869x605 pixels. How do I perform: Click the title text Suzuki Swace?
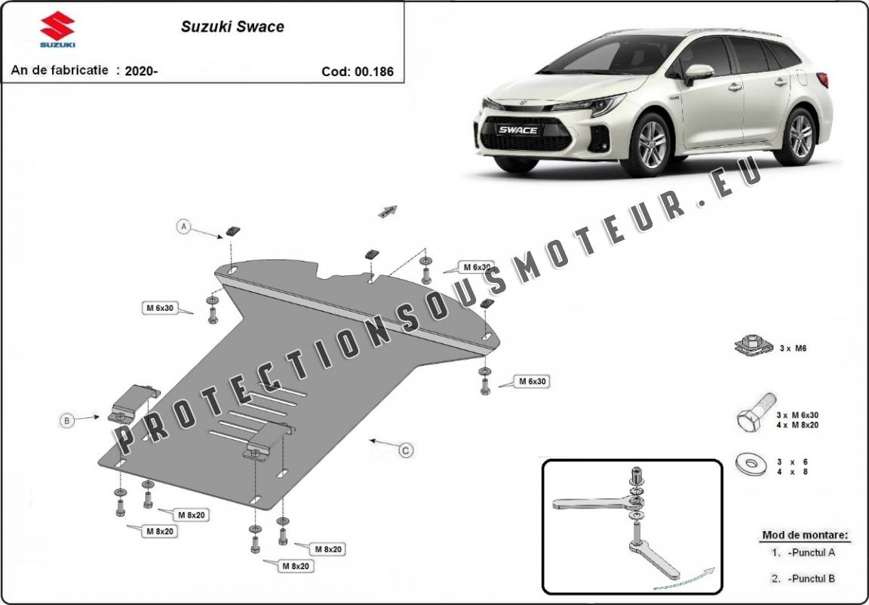[232, 26]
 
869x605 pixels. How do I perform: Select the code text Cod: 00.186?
[357, 72]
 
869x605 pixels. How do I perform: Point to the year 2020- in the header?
[141, 71]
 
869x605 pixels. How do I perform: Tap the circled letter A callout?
[183, 226]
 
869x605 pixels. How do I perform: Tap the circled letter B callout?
[67, 420]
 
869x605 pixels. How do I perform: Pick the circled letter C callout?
[406, 450]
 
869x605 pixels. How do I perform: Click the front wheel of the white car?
[651, 145]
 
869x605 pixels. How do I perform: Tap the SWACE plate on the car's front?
[517, 130]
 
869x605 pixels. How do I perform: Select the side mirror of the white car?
[699, 72]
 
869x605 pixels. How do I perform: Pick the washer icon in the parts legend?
[750, 464]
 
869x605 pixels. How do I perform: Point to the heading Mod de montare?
[805, 535]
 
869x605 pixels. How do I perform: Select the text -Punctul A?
[810, 552]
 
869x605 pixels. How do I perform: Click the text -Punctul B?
[810, 579]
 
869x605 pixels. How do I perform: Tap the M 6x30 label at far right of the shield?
[532, 382]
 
